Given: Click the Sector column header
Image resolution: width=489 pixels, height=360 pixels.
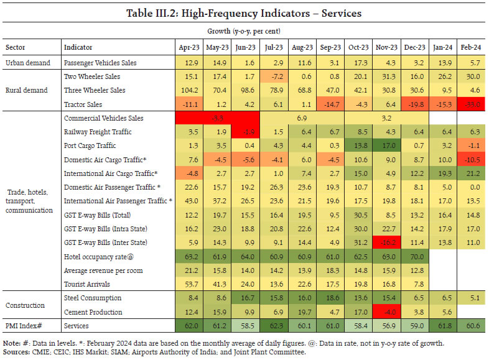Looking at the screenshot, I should click(16, 48).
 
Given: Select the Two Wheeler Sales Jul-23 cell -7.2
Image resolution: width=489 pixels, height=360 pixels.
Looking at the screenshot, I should click(276, 76).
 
